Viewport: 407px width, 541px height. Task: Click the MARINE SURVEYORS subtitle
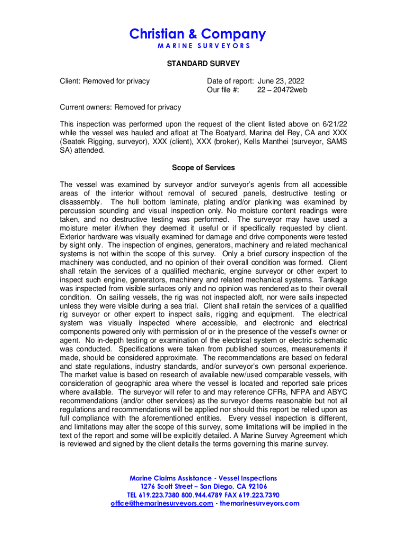(x=203, y=46)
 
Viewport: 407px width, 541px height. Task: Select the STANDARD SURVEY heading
(x=203, y=64)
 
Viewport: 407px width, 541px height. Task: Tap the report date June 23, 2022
(x=281, y=81)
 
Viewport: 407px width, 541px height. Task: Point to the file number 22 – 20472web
(x=282, y=90)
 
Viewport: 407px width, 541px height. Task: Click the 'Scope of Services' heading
(x=203, y=168)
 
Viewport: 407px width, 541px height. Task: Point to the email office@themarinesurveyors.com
(x=162, y=503)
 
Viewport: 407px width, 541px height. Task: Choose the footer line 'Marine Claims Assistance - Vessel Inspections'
(x=203, y=478)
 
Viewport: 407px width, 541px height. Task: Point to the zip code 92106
(x=256, y=487)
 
